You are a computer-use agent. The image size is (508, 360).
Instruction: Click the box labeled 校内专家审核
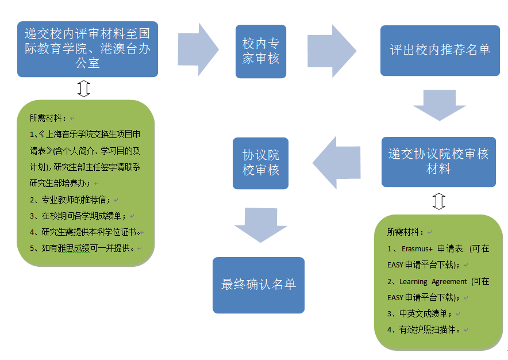260,51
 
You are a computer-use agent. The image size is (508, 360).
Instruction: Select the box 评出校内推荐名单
440,50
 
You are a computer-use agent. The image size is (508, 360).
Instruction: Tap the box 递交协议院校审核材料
438,162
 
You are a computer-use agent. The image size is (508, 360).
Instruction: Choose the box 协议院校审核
260,163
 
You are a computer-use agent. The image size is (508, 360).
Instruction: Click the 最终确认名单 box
258,285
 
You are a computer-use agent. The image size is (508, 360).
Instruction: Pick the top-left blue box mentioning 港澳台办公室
87,49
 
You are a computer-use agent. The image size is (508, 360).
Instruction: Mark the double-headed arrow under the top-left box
84,88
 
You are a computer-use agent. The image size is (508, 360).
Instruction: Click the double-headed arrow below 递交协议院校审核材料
438,201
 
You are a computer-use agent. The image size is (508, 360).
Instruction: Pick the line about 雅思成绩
82,248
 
